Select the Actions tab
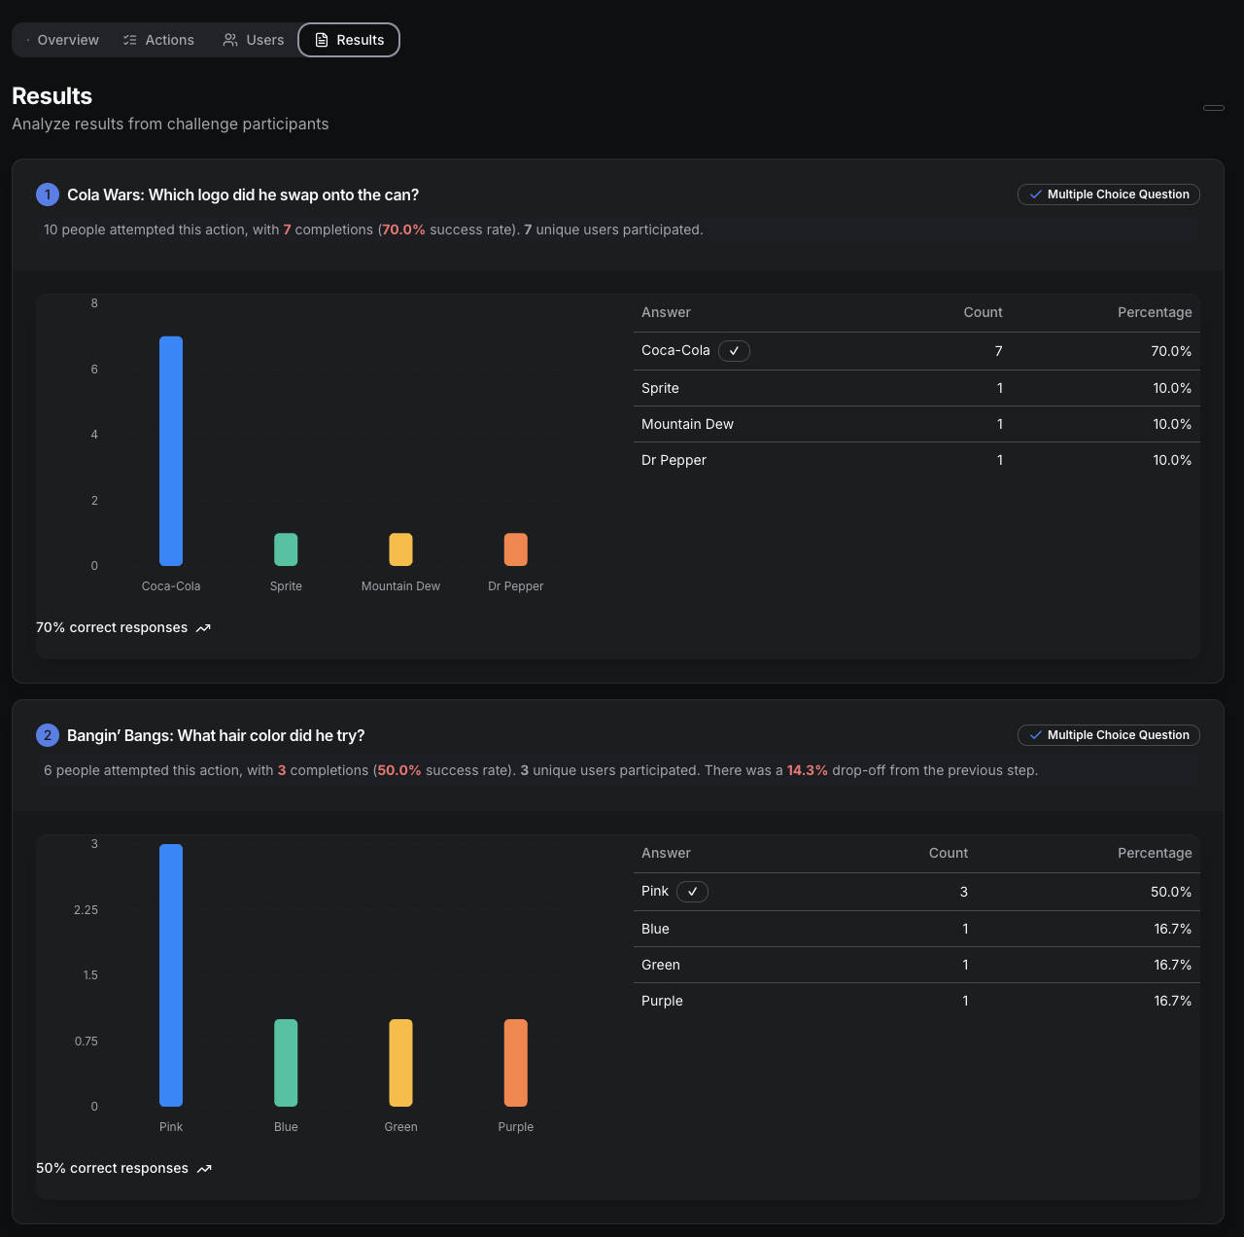click(x=158, y=40)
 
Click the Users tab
click(x=254, y=40)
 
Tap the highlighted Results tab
click(x=349, y=40)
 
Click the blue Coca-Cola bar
click(x=171, y=450)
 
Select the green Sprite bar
click(x=286, y=549)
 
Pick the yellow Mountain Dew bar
click(x=400, y=549)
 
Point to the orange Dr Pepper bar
click(x=515, y=549)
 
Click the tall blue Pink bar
click(x=171, y=974)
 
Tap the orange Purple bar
click(x=515, y=1062)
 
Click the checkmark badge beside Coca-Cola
click(x=734, y=351)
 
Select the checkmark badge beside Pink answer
click(x=692, y=892)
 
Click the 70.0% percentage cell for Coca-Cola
click(x=1171, y=351)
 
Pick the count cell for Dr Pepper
click(x=999, y=460)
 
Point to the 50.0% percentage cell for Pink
click(x=1171, y=892)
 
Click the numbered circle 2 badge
click(x=48, y=735)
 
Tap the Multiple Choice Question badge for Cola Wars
click(x=1108, y=194)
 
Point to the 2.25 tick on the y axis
click(x=86, y=910)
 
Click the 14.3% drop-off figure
click(x=807, y=770)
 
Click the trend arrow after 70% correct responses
click(x=203, y=628)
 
